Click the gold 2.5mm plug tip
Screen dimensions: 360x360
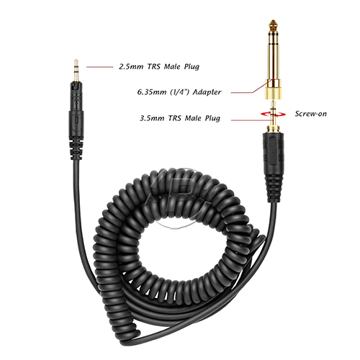pos(76,70)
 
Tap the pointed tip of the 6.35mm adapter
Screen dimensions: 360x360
pos(273,21)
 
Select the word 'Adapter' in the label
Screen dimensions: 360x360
pos(207,92)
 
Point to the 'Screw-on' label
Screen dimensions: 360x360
pos(311,114)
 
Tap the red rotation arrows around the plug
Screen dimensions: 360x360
pos(274,114)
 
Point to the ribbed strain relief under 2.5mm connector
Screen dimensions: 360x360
pos(76,150)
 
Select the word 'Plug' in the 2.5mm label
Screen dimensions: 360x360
pos(192,67)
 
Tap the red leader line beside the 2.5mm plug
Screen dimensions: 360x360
pos(99,67)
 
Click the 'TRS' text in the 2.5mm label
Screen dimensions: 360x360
pos(153,66)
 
